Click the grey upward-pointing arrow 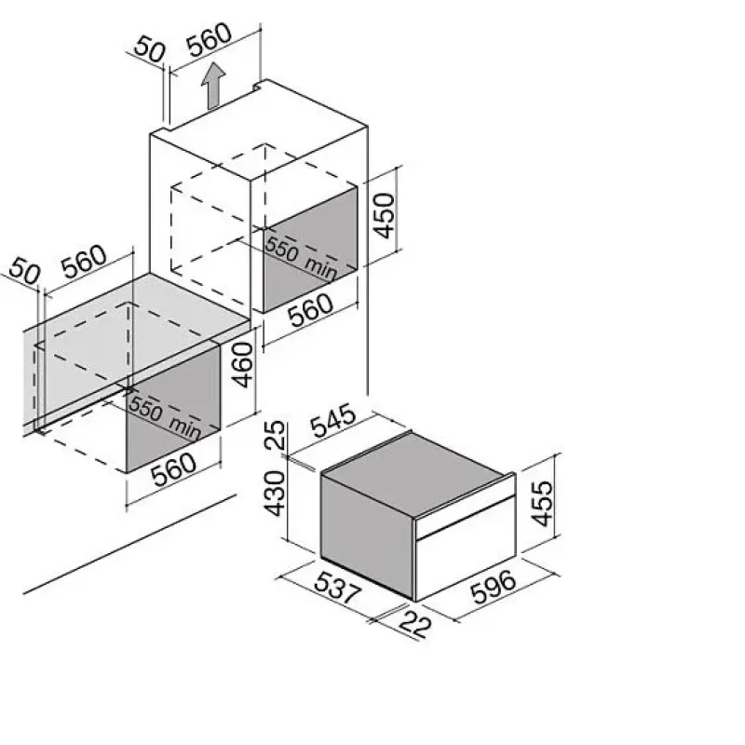212,86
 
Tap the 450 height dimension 384,215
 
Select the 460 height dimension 243,365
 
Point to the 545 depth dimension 333,421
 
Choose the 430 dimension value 275,494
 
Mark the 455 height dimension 542,504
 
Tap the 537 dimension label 338,588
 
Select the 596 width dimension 493,587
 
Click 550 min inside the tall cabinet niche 301,258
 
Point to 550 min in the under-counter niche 165,416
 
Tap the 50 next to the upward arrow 150,50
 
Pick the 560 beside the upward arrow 209,39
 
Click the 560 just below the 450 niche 311,310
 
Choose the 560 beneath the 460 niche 174,469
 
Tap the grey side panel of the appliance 367,532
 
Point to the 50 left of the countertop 25,270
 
